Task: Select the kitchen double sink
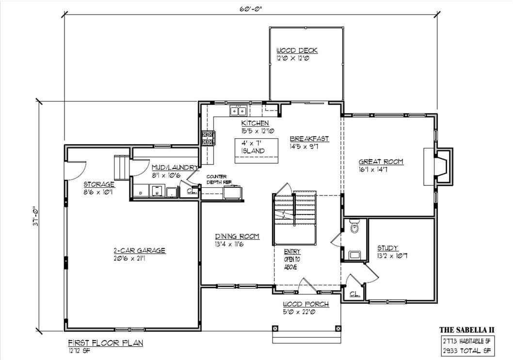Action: tap(238, 111)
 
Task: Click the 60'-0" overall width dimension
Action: tap(251, 8)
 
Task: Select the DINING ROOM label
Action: tap(237, 236)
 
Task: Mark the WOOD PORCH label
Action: tap(306, 304)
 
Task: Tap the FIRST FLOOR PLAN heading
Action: tap(105, 343)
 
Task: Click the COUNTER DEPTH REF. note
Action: tap(219, 179)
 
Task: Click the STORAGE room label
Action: tap(99, 184)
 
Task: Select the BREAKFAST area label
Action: tap(309, 139)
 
